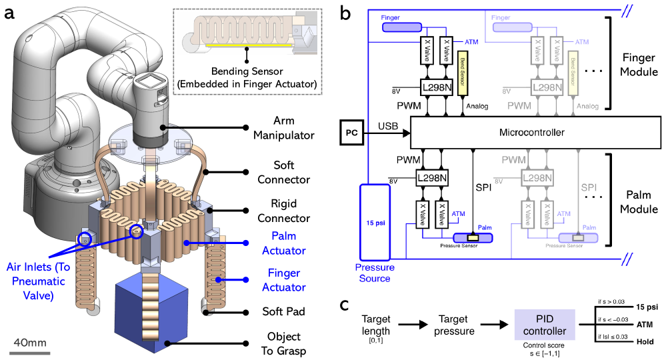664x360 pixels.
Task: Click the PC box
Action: coord(352,133)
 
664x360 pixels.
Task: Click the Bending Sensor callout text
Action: coord(248,77)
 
